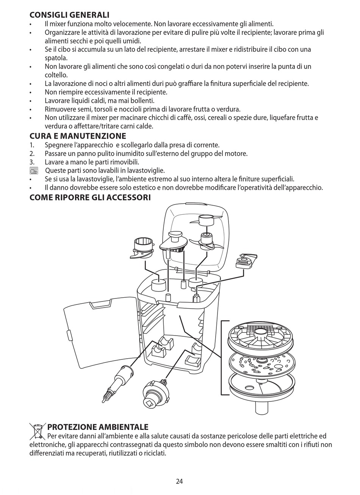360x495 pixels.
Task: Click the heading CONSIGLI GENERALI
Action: coord(69,15)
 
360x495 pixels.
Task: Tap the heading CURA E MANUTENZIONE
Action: coord(78,136)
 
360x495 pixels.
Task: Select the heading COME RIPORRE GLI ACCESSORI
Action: coord(90,197)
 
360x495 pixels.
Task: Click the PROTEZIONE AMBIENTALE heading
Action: coord(98,427)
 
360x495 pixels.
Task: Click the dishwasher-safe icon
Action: coord(34,171)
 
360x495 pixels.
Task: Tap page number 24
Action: coord(180,481)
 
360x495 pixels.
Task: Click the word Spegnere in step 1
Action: coord(58,145)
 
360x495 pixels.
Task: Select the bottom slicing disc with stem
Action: coord(261,390)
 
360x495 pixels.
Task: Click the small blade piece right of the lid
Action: coord(246,261)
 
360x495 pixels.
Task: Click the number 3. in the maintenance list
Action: coord(32,162)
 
